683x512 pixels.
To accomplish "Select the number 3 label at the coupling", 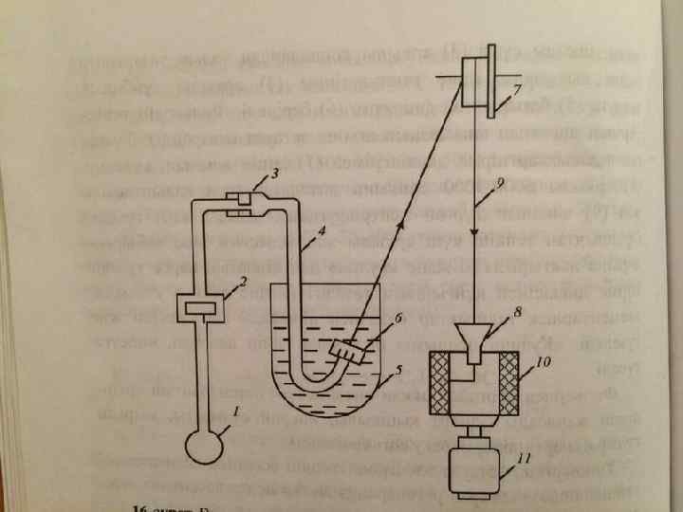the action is coord(274,174).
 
